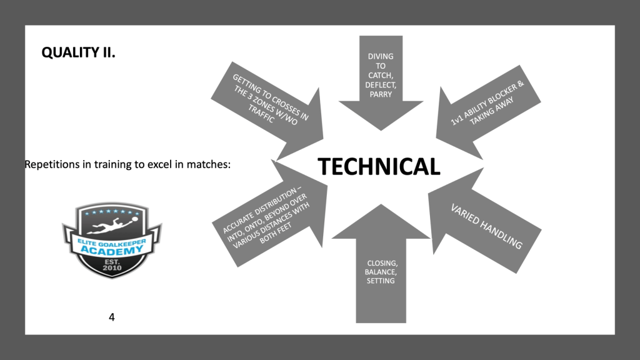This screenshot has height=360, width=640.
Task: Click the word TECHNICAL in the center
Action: pos(379,167)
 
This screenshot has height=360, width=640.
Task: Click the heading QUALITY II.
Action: pos(78,53)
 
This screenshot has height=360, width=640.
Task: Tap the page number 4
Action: pos(112,317)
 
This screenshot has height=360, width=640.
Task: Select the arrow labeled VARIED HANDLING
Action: pos(486,226)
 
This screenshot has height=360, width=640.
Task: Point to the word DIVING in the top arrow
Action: pos(381,56)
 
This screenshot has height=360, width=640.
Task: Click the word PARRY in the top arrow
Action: pos(381,94)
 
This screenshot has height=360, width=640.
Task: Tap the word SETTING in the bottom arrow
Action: pos(381,281)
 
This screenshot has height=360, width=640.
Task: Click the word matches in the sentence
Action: pos(209,165)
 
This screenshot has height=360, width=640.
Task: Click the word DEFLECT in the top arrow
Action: pos(381,85)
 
